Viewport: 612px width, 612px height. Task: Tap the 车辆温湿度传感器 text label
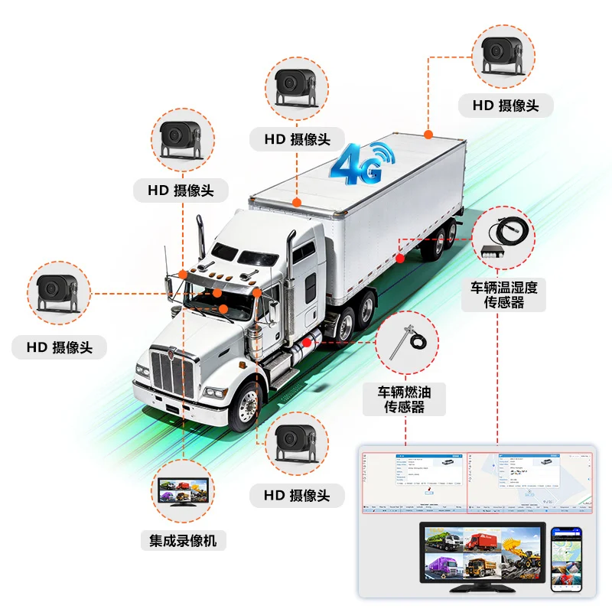pyautogui.click(x=504, y=295)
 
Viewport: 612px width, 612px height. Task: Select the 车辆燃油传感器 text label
pyautogui.click(x=405, y=399)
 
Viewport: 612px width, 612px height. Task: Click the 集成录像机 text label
pyautogui.click(x=183, y=541)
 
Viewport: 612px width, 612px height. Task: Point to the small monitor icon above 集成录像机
pyautogui.click(x=182, y=492)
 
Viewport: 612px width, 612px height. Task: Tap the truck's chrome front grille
pyautogui.click(x=168, y=373)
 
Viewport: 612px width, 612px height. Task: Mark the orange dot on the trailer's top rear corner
pyautogui.click(x=428, y=135)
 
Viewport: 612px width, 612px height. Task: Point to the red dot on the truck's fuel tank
pyautogui.click(x=306, y=342)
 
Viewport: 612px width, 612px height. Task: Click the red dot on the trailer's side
pyautogui.click(x=400, y=259)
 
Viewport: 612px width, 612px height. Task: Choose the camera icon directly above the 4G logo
pyautogui.click(x=297, y=86)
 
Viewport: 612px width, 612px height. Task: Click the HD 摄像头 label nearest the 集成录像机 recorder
pyautogui.click(x=297, y=496)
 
